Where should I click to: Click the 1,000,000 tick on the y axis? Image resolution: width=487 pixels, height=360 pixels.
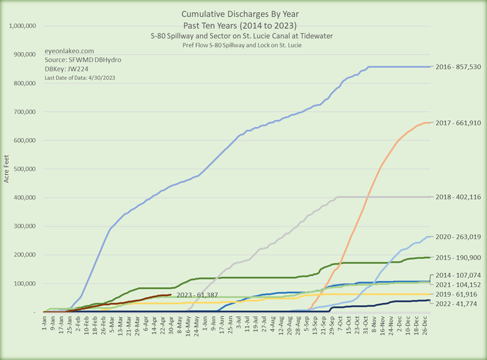click(x=22, y=26)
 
